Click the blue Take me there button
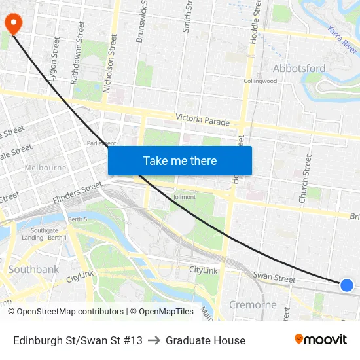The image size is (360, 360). (180, 160)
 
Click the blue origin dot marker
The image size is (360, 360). (347, 285)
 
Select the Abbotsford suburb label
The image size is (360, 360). (299, 69)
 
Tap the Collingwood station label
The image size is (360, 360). (261, 81)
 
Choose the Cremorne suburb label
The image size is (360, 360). (253, 304)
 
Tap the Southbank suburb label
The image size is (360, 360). (33, 269)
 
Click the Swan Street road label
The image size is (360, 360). (274, 278)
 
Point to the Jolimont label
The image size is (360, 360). (183, 196)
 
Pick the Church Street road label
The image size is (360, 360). (304, 178)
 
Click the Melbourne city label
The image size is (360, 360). (45, 168)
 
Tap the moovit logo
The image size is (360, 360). (320, 339)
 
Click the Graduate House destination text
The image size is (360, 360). (206, 340)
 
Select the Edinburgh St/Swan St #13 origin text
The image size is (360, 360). (77, 340)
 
